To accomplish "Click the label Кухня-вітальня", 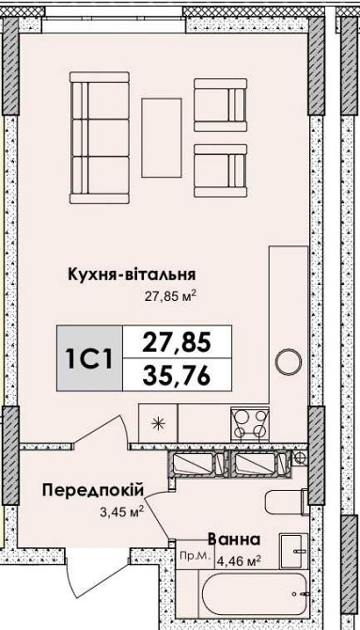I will point(131,275).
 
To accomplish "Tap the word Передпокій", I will point(91,490).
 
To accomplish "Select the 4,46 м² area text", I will point(239,562).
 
